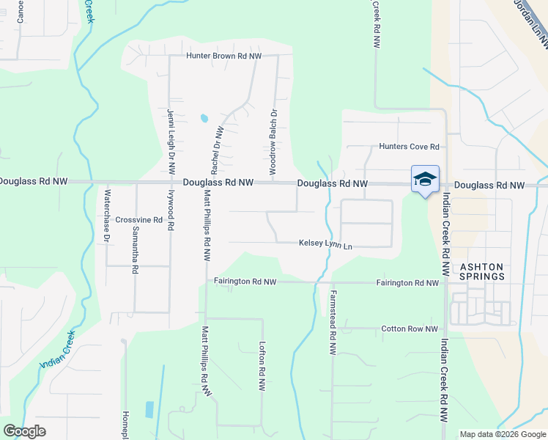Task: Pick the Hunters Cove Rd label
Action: coord(408,147)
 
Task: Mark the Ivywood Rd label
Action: coord(171,211)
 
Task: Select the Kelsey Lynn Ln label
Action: coord(325,244)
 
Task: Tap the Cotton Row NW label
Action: coord(410,329)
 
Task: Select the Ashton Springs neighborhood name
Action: coord(481,271)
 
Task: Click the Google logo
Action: coord(24,431)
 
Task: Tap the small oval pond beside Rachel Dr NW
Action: coord(204,117)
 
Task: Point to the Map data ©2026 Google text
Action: coord(503,434)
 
